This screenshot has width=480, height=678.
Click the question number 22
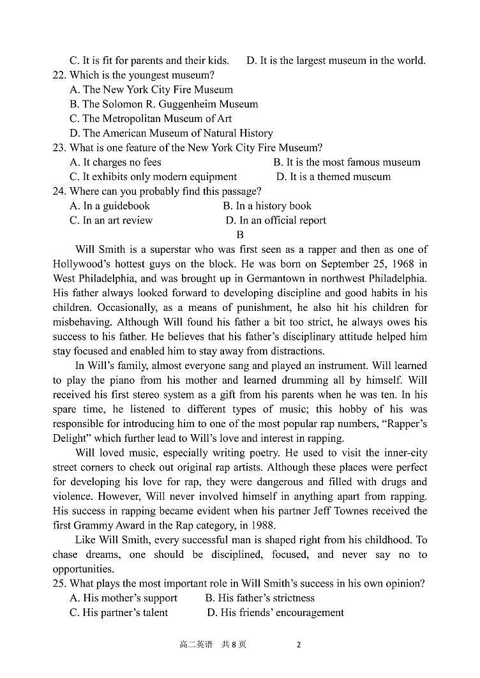tap(59, 75)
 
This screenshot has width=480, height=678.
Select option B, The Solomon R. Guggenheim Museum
tap(163, 104)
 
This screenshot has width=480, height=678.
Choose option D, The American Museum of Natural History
tap(171, 133)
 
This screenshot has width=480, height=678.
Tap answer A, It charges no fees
tap(116, 163)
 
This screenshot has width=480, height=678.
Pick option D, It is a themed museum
tap(333, 177)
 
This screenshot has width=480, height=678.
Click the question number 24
tap(59, 192)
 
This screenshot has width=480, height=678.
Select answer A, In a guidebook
tap(110, 206)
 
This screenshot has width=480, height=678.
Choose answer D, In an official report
tap(276, 221)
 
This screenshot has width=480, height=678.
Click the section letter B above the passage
tap(240, 235)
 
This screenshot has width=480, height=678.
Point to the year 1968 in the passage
tap(403, 264)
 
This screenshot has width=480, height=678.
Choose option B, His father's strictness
tap(260, 598)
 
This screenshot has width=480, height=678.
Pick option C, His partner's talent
tap(119, 613)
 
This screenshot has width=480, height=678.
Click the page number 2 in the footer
tap(298, 645)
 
